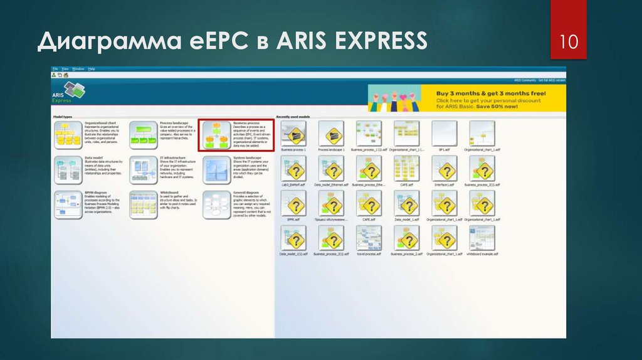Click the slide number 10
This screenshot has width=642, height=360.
(568, 42)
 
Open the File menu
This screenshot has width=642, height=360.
(55, 68)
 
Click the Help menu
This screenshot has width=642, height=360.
(92, 68)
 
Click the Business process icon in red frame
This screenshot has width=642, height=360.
(216, 135)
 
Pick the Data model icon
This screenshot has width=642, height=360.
(68, 169)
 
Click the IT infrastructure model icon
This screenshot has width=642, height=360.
(143, 169)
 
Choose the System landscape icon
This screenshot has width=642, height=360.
(216, 169)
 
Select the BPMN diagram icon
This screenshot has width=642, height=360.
(68, 204)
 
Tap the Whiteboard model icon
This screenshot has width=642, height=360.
(143, 204)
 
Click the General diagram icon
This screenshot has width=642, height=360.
(216, 204)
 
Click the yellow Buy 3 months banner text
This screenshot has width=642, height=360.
(490, 98)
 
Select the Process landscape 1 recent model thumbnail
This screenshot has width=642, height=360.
(331, 134)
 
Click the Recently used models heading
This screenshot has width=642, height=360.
(293, 117)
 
